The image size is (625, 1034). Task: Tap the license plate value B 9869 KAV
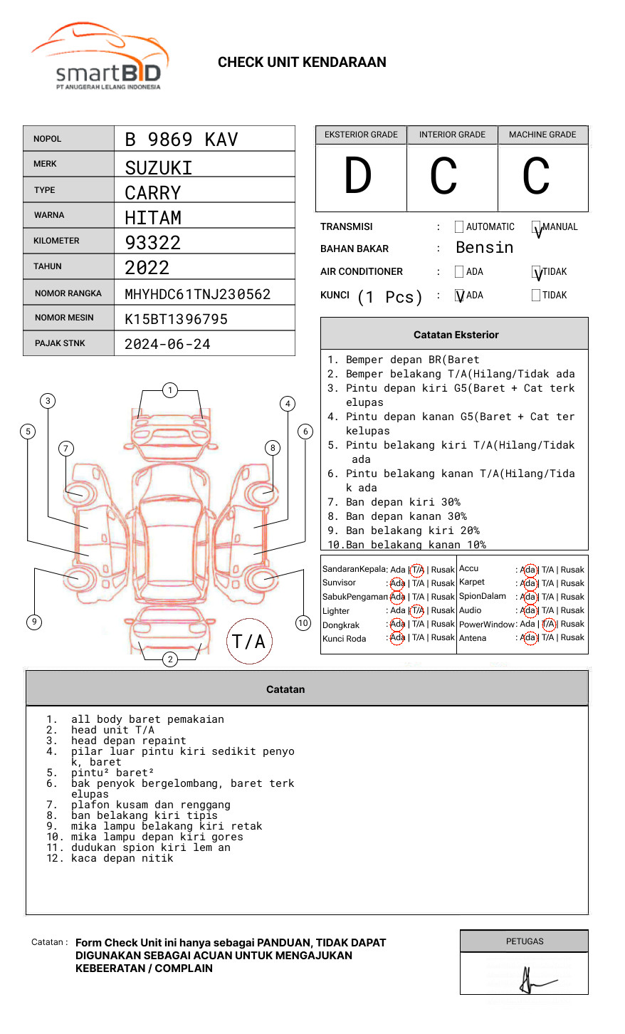(x=181, y=140)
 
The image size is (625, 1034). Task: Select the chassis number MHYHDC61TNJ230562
(x=197, y=294)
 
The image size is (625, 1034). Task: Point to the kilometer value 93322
(x=152, y=243)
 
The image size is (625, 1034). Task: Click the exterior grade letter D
(x=358, y=177)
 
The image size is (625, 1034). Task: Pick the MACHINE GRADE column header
(x=542, y=135)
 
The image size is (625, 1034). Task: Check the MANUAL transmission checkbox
(x=536, y=227)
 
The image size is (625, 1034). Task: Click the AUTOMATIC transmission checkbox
(x=459, y=227)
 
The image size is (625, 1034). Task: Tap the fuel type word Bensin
(x=484, y=248)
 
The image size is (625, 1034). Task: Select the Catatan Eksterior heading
(x=456, y=335)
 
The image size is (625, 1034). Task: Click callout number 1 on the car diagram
(x=169, y=390)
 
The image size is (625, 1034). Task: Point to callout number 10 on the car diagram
(x=303, y=623)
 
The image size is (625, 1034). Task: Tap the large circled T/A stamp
(x=249, y=642)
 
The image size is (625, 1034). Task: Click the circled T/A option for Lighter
(x=417, y=610)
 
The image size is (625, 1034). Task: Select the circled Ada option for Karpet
(x=528, y=583)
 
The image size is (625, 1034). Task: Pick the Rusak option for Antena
(x=572, y=638)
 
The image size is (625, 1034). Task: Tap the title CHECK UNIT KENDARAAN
(x=302, y=63)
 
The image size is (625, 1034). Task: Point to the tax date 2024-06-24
(x=167, y=344)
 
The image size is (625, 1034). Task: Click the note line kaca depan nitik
(x=122, y=858)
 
